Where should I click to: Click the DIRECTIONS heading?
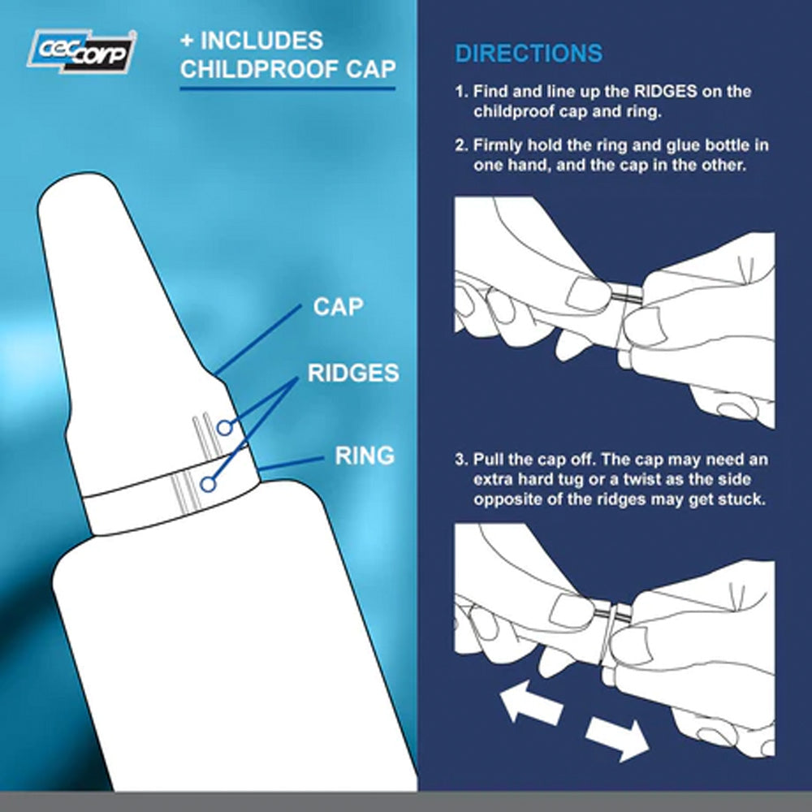(x=529, y=54)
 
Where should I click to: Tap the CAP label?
(x=338, y=307)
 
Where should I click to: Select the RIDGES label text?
(x=353, y=373)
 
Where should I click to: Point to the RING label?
(x=365, y=456)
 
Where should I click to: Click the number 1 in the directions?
(x=459, y=92)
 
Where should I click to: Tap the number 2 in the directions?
(x=459, y=145)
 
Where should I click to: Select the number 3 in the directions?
(x=459, y=460)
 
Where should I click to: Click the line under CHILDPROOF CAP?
(x=287, y=88)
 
